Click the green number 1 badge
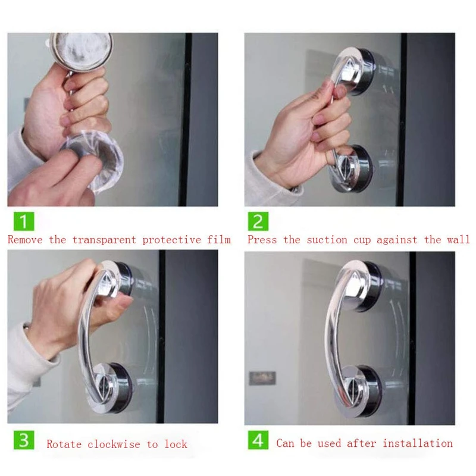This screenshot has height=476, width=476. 24,221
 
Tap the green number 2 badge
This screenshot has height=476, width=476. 258,221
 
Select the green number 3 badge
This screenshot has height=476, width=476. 24,440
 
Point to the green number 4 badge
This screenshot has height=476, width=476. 258,440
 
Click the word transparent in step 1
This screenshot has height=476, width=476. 104,240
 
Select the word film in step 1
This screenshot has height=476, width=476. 218,240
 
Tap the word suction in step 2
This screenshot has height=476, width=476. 327,240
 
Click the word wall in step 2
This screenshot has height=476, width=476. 458,240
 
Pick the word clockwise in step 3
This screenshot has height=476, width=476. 114,444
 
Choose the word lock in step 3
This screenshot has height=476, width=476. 176,444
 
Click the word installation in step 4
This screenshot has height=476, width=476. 418,443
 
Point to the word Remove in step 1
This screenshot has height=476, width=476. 25,240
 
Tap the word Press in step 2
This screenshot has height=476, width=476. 262,240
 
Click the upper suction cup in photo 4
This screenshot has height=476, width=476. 363,286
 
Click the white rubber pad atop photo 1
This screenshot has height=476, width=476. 82,52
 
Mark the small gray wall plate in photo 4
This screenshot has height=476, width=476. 262,378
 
